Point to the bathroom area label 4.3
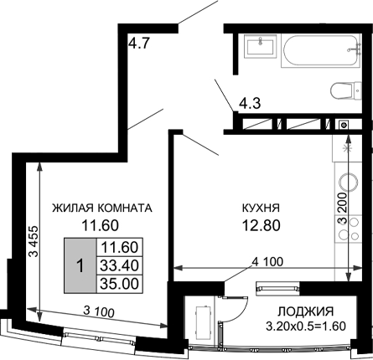(x=248, y=105)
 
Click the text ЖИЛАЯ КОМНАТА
(x=101, y=208)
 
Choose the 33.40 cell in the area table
(x=118, y=265)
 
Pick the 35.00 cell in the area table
(x=118, y=283)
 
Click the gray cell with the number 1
(x=80, y=265)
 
